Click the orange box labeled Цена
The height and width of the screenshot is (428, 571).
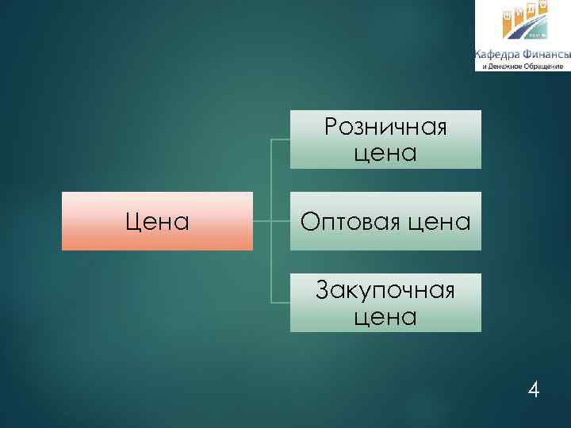click(157, 221)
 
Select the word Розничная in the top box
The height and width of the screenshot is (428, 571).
click(385, 127)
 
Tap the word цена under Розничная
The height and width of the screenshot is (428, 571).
click(385, 152)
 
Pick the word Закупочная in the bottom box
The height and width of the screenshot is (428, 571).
click(385, 291)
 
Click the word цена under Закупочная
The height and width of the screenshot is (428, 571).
click(385, 316)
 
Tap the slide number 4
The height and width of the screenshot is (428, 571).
click(534, 390)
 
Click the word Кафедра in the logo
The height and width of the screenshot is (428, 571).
click(497, 55)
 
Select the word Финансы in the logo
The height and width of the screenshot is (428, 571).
click(546, 55)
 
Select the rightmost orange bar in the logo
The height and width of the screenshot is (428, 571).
click(544, 8)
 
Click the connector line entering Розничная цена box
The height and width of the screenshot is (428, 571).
click(280, 139)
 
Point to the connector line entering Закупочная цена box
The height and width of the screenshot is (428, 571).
click(280, 303)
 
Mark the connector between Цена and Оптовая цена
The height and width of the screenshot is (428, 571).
click(262, 221)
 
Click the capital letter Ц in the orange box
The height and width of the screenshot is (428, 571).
click(133, 221)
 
